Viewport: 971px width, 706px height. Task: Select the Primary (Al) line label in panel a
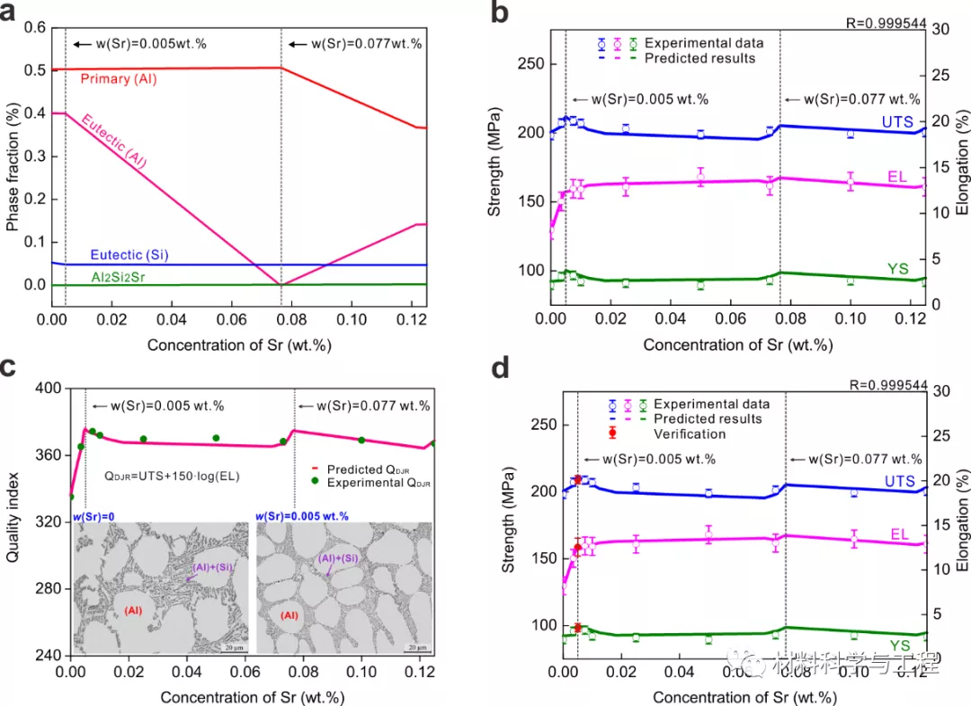[x=119, y=79]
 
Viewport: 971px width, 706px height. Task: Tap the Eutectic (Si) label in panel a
[x=129, y=255]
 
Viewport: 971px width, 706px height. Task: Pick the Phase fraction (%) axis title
[x=12, y=156]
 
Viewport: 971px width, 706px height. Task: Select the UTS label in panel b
[x=896, y=122]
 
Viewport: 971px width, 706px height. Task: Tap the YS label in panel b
[x=898, y=269]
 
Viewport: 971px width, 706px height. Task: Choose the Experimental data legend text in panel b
[x=704, y=42]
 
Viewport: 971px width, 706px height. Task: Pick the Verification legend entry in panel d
[x=690, y=433]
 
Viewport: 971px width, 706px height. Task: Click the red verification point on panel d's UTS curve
[x=577, y=479]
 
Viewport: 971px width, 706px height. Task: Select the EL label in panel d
[x=900, y=534]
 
